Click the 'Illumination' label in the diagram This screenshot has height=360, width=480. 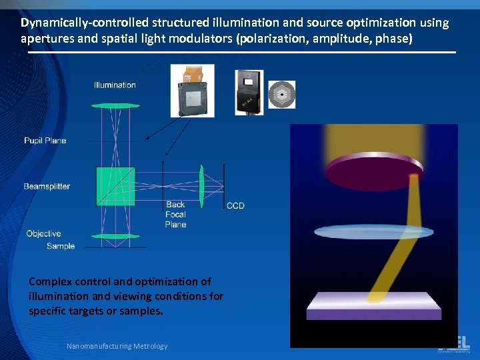coord(115,85)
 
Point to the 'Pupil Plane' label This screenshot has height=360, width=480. coord(45,141)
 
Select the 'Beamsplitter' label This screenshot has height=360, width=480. coord(47,187)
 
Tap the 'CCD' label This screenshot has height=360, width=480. coord(235,205)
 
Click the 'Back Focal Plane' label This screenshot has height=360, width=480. coord(175,214)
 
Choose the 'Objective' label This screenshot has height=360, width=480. coord(43,233)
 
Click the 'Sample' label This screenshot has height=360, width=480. coord(61,246)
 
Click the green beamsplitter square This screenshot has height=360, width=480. coord(115,186)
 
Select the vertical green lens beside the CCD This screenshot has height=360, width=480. coord(201,186)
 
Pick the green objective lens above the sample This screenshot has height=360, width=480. coord(116,236)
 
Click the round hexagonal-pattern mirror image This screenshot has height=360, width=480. coord(281,95)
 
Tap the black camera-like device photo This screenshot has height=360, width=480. coord(249,91)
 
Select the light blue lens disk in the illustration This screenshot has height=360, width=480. coord(373,231)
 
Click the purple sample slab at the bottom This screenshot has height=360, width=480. coord(374,307)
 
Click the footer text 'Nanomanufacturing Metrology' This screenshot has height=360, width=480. coord(117,346)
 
